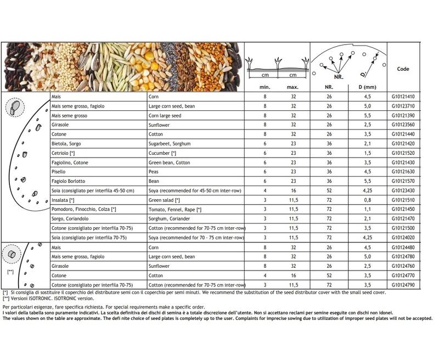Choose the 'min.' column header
coord(264,87)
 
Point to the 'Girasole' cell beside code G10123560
coord(60,125)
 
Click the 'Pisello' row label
coord(59,171)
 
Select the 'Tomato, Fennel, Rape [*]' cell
coord(175,209)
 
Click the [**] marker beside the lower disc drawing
coord(11,271)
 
